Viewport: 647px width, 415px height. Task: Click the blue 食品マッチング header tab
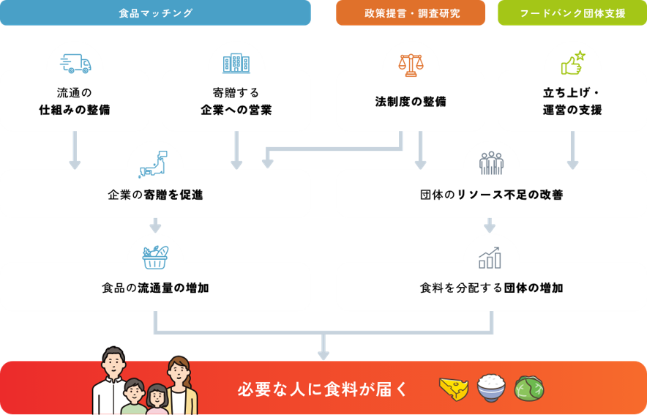point(155,13)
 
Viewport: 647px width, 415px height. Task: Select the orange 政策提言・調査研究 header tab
point(411,13)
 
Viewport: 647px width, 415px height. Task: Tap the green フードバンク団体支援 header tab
point(572,13)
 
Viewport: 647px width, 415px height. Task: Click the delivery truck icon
point(75,64)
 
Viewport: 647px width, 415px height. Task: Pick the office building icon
point(236,64)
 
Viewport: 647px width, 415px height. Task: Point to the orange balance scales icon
point(411,64)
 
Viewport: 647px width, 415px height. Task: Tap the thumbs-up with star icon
point(572,64)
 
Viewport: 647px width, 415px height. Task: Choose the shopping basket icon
point(155,256)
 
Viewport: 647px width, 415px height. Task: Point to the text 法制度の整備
point(411,102)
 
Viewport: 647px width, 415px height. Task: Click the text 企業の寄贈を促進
point(155,195)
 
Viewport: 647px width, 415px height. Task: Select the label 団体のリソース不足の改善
point(491,195)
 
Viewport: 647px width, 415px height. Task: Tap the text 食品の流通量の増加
point(155,288)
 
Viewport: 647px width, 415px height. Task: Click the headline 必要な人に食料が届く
point(323,389)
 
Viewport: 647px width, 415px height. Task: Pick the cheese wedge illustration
point(453,389)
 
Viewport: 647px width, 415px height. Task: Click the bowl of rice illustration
point(490,388)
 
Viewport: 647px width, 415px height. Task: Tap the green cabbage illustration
point(528,389)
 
